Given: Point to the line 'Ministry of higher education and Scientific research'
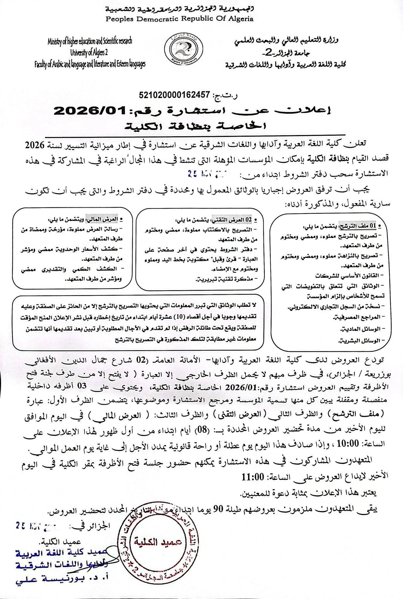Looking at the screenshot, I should (90, 42).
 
